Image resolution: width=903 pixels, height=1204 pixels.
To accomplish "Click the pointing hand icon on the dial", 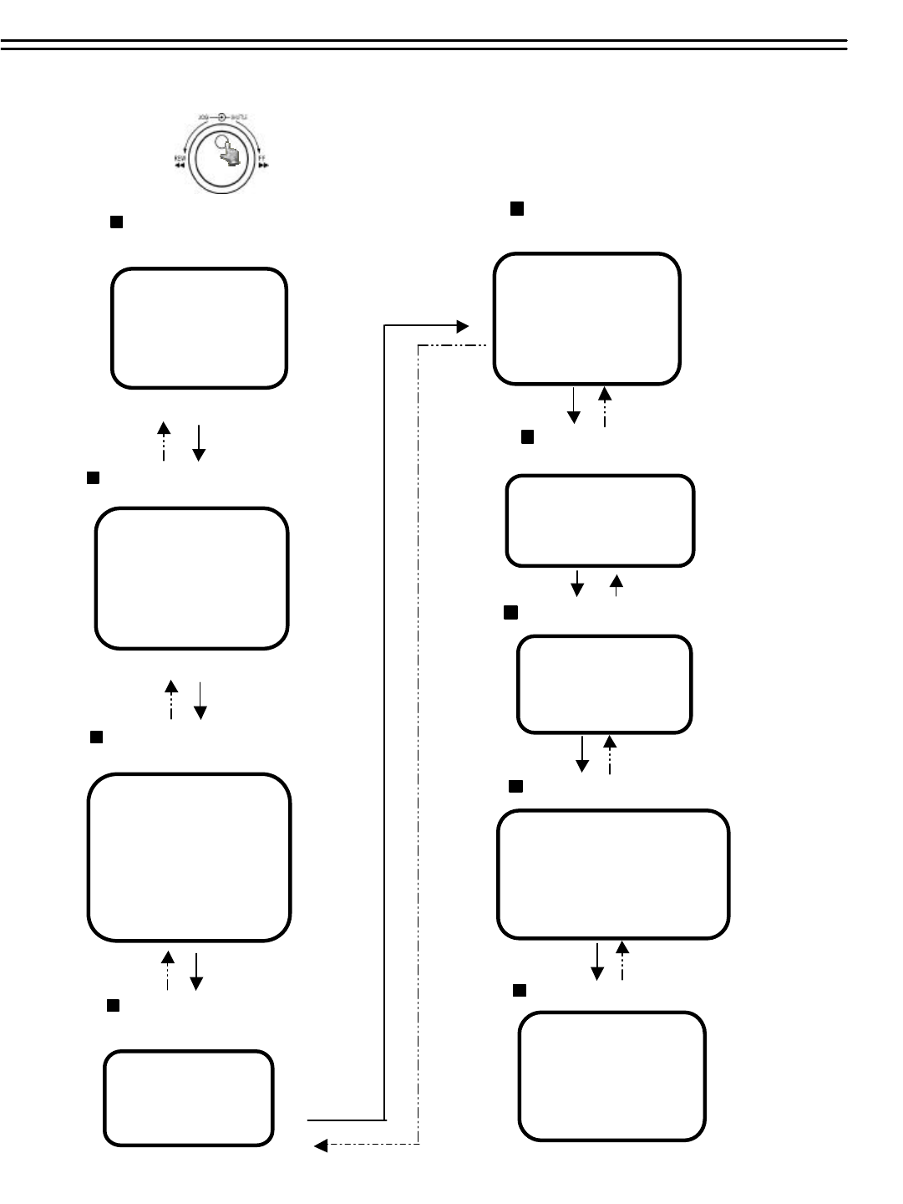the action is (225, 152).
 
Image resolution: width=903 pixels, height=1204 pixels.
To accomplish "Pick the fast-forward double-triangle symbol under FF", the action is (263, 166).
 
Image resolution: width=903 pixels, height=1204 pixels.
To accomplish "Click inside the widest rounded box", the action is (613, 875).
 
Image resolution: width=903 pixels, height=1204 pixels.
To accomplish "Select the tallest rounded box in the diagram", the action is (190, 858).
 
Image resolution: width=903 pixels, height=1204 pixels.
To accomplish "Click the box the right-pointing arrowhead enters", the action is (587, 319).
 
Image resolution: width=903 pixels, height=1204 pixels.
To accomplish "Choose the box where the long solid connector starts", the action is (189, 1098).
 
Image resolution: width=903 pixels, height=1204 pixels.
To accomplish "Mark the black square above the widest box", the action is (516, 787).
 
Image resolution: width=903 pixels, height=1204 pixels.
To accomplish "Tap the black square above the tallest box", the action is (96, 737).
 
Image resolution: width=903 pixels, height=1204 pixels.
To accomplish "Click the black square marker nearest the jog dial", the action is (117, 222).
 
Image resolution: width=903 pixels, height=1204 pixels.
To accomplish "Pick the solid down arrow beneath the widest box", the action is (597, 962).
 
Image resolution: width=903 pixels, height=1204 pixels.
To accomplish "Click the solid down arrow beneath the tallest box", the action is (197, 972).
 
